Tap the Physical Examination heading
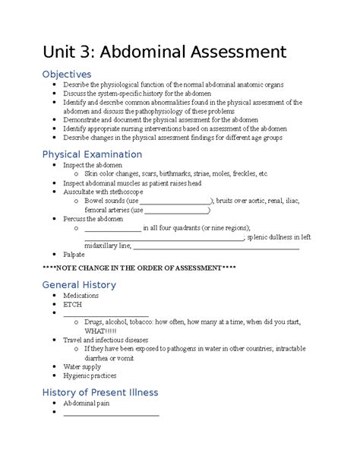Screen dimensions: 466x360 click(x=92, y=154)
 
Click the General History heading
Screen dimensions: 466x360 click(x=79, y=284)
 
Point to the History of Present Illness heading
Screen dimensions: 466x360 click(x=99, y=392)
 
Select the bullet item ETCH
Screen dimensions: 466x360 click(x=73, y=304)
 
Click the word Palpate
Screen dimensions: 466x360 click(x=74, y=255)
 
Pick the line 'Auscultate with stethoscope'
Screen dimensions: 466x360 click(x=103, y=192)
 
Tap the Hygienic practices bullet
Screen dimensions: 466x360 click(x=90, y=375)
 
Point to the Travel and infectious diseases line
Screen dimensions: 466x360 click(x=106, y=340)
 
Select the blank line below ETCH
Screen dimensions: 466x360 click(x=106, y=313)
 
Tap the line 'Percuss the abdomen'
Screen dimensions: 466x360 click(x=93, y=218)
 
